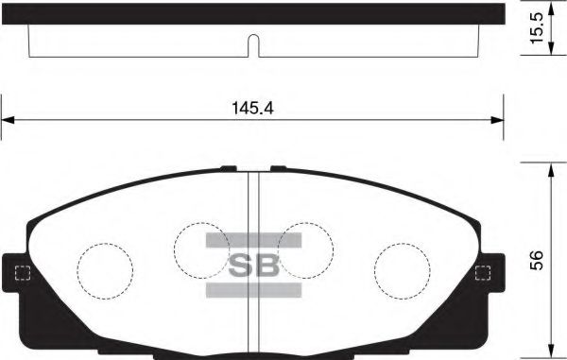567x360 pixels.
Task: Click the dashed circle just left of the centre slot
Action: (204, 251)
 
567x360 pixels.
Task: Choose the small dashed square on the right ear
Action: (483, 275)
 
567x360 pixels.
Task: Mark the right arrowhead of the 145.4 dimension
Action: (498, 120)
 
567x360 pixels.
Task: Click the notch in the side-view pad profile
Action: (252, 44)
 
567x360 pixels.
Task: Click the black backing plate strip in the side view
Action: (252, 12)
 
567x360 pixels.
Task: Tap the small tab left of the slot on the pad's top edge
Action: (228, 169)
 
